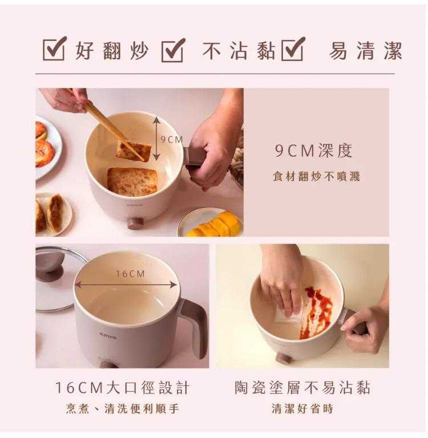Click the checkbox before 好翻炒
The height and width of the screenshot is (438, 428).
55,48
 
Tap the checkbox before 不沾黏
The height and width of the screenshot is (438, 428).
173,50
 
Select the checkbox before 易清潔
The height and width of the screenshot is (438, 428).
293,48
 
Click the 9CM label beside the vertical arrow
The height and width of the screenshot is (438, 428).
172,139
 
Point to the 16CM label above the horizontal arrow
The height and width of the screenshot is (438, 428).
130,274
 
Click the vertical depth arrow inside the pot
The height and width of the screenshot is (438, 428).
156,139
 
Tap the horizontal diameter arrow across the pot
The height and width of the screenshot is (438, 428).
126,285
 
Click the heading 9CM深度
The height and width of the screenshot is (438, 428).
313,151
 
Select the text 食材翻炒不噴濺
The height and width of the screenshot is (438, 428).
316,177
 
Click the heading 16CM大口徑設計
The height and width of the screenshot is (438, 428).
123,387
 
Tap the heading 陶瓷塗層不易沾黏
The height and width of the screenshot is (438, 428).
302,387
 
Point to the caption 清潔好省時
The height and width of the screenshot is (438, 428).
302,409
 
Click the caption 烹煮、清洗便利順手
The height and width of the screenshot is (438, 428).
123,409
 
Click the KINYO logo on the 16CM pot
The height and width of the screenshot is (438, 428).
108,336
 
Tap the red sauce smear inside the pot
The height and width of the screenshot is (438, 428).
316,312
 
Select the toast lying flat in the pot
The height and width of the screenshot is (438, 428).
132,181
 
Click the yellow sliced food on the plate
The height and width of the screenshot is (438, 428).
215,224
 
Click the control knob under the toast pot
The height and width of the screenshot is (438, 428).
136,223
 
